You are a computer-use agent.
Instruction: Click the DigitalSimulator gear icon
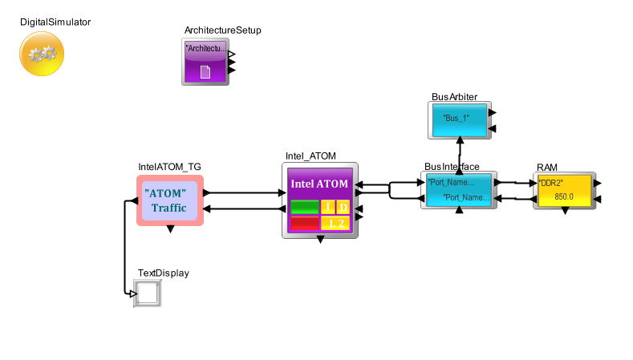tap(41, 55)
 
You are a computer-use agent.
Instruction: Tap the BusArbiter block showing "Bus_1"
tap(458, 119)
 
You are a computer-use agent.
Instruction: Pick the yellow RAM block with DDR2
tap(564, 190)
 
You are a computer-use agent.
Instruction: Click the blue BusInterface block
tap(458, 189)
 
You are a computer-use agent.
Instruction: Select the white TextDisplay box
tap(148, 293)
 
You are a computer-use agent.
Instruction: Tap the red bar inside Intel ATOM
tap(304, 223)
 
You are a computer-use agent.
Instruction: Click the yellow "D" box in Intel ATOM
tap(343, 208)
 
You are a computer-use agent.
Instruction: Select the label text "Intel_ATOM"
tap(310, 156)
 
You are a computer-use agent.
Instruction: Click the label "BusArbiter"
tap(454, 97)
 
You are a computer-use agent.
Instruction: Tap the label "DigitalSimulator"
tap(55, 22)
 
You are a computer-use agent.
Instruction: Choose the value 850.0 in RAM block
tap(564, 196)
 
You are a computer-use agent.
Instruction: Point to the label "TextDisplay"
tap(164, 273)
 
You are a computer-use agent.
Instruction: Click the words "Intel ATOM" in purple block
tap(319, 184)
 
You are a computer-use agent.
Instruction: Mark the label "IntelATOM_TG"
tap(169, 167)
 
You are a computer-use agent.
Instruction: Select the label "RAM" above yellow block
tap(547, 167)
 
